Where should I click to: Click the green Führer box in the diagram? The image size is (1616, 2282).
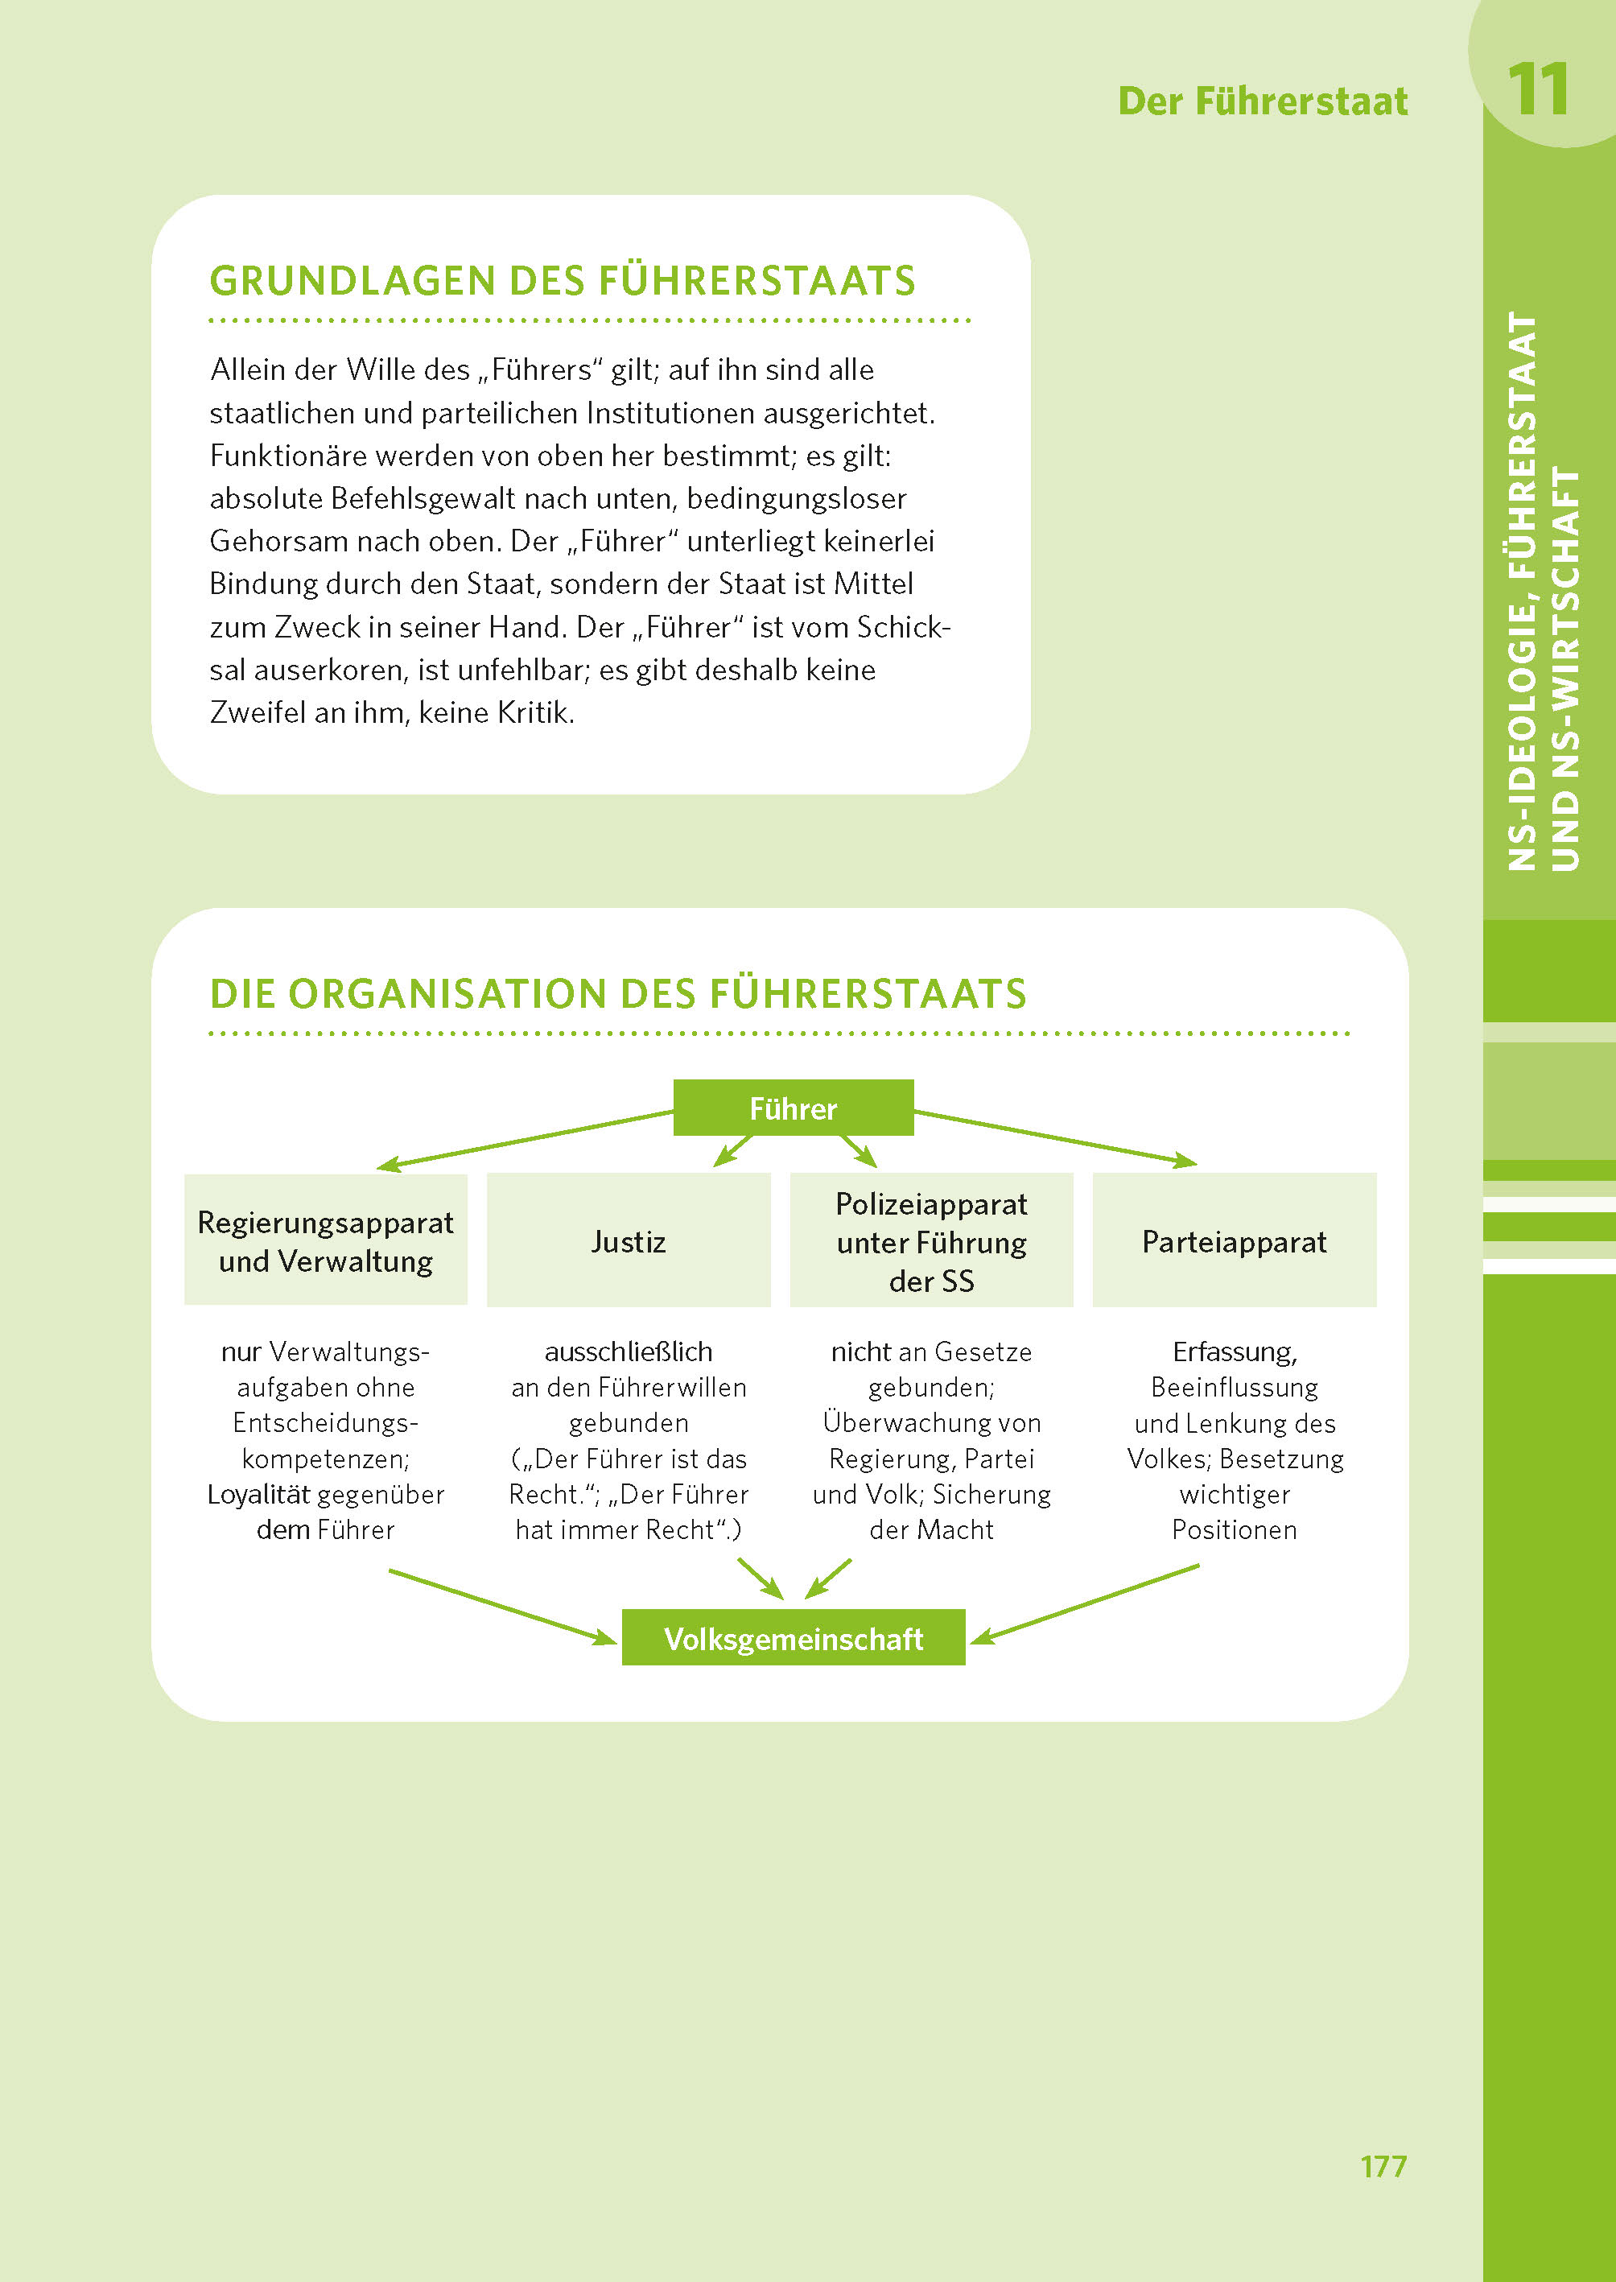[793, 1108]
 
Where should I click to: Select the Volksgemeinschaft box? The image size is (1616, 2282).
[793, 1638]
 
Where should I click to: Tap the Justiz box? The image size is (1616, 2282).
[628, 1241]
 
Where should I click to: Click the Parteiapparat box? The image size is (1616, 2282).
[1234, 1241]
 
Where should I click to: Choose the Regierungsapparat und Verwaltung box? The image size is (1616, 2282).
[325, 1241]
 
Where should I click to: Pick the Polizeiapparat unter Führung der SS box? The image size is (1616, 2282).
[931, 1241]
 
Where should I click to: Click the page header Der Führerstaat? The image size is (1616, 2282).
[1262, 101]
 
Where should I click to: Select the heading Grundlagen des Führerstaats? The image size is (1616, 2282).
[563, 281]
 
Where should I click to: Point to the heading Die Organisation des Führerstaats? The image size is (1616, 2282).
[618, 993]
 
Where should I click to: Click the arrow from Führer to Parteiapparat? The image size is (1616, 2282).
[1055, 1137]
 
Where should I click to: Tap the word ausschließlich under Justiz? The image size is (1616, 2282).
[628, 1351]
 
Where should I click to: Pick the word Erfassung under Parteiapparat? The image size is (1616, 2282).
[1234, 1351]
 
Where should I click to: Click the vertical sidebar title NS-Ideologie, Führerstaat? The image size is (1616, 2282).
[1523, 592]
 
